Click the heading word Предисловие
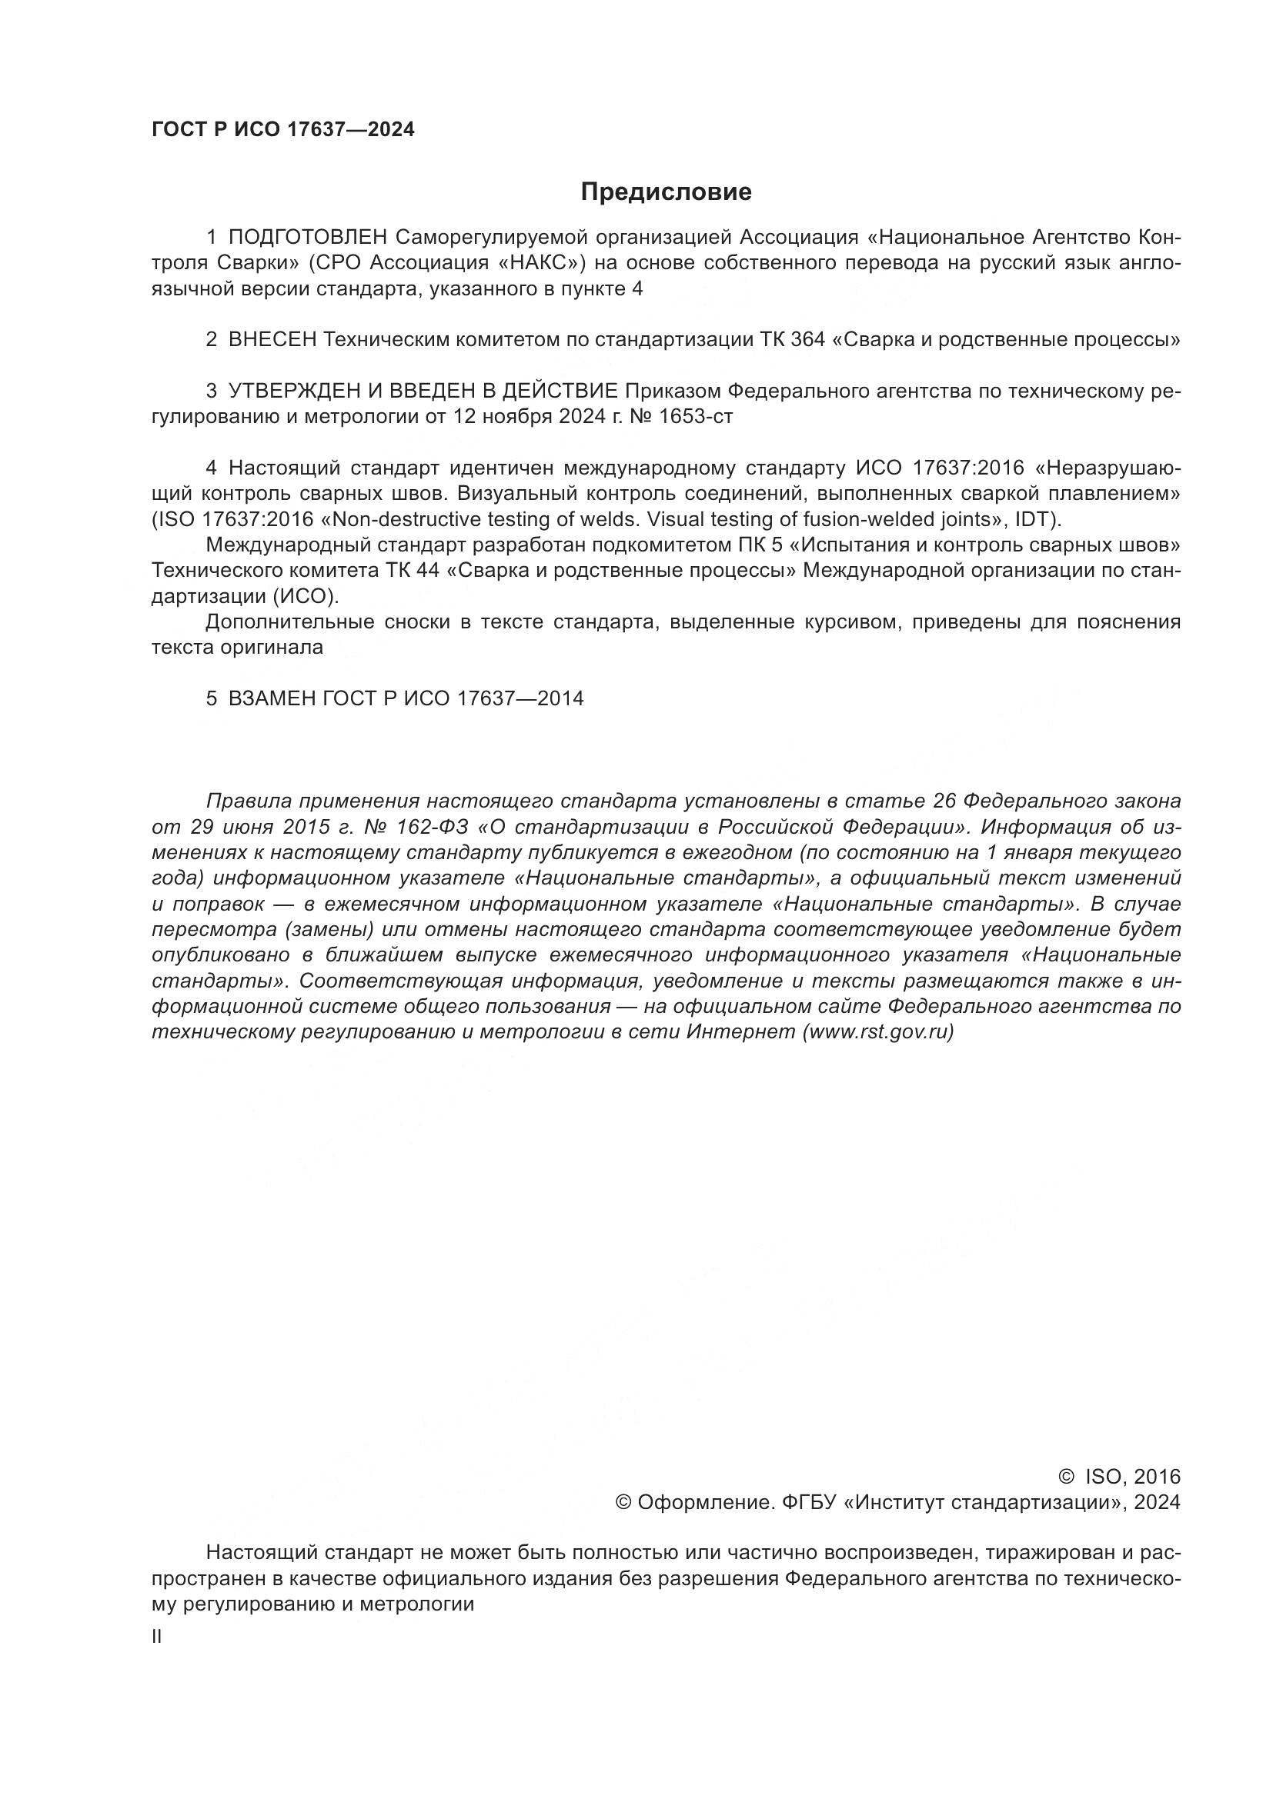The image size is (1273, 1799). click(x=666, y=192)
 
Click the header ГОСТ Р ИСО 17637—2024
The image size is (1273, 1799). click(x=283, y=130)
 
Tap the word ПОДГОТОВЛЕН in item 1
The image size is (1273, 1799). click(x=308, y=238)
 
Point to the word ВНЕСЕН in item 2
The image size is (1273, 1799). click(x=272, y=340)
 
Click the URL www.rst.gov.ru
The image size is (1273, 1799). click(x=877, y=1032)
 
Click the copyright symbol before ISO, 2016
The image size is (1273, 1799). click(x=1066, y=1477)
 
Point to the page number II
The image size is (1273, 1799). click(x=157, y=1636)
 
